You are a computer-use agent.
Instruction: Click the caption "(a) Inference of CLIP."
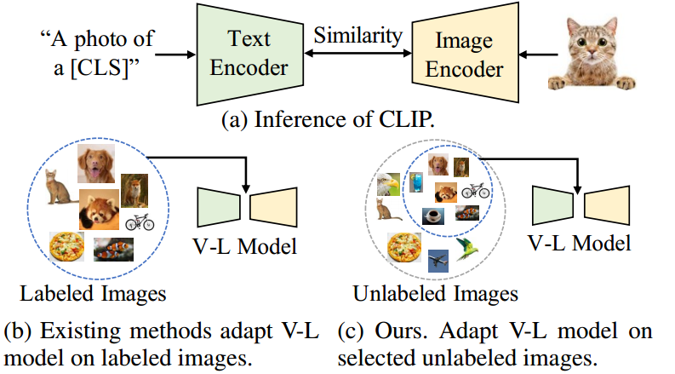click(328, 120)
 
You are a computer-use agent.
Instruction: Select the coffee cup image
click(433, 216)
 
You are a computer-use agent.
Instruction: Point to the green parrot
click(466, 248)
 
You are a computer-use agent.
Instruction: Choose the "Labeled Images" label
click(93, 294)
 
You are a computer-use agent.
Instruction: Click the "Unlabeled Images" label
click(435, 294)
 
